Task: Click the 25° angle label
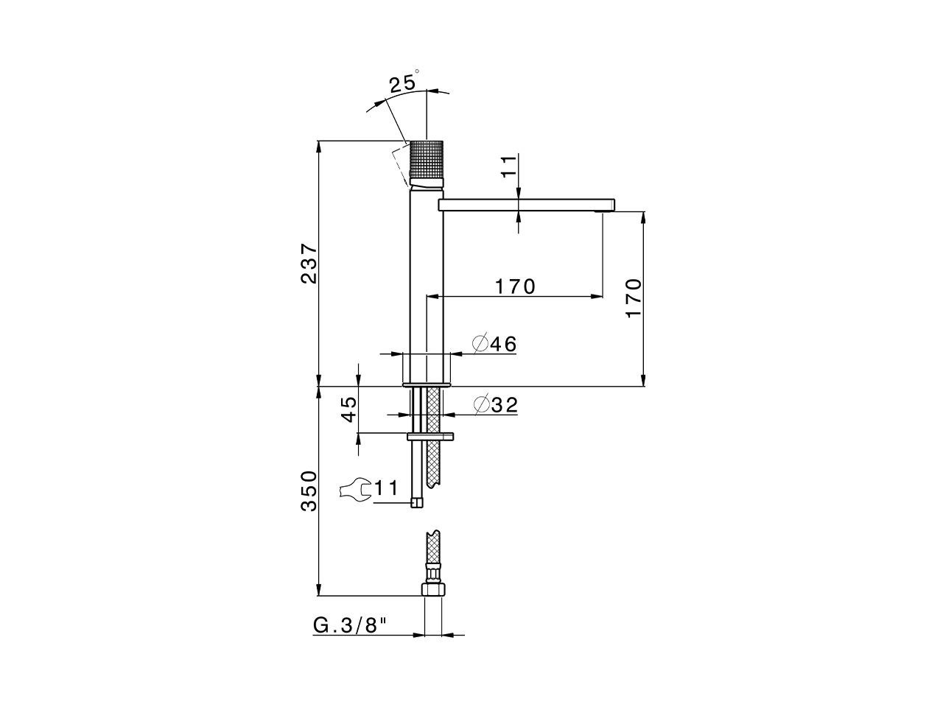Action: [x=404, y=82]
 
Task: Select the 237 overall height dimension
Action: [x=309, y=263]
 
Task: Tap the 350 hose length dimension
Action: [x=309, y=491]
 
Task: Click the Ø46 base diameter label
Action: [x=495, y=344]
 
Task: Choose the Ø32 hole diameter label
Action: [x=496, y=404]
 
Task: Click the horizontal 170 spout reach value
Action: [x=515, y=286]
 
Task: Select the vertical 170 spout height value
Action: [x=634, y=298]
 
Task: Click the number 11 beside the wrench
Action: [x=386, y=488]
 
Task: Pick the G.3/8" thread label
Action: [x=350, y=625]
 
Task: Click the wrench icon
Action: [x=355, y=489]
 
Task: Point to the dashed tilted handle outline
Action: [x=401, y=163]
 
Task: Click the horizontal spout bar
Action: [x=526, y=205]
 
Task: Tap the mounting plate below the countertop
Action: [x=431, y=437]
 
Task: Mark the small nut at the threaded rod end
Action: [x=417, y=502]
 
